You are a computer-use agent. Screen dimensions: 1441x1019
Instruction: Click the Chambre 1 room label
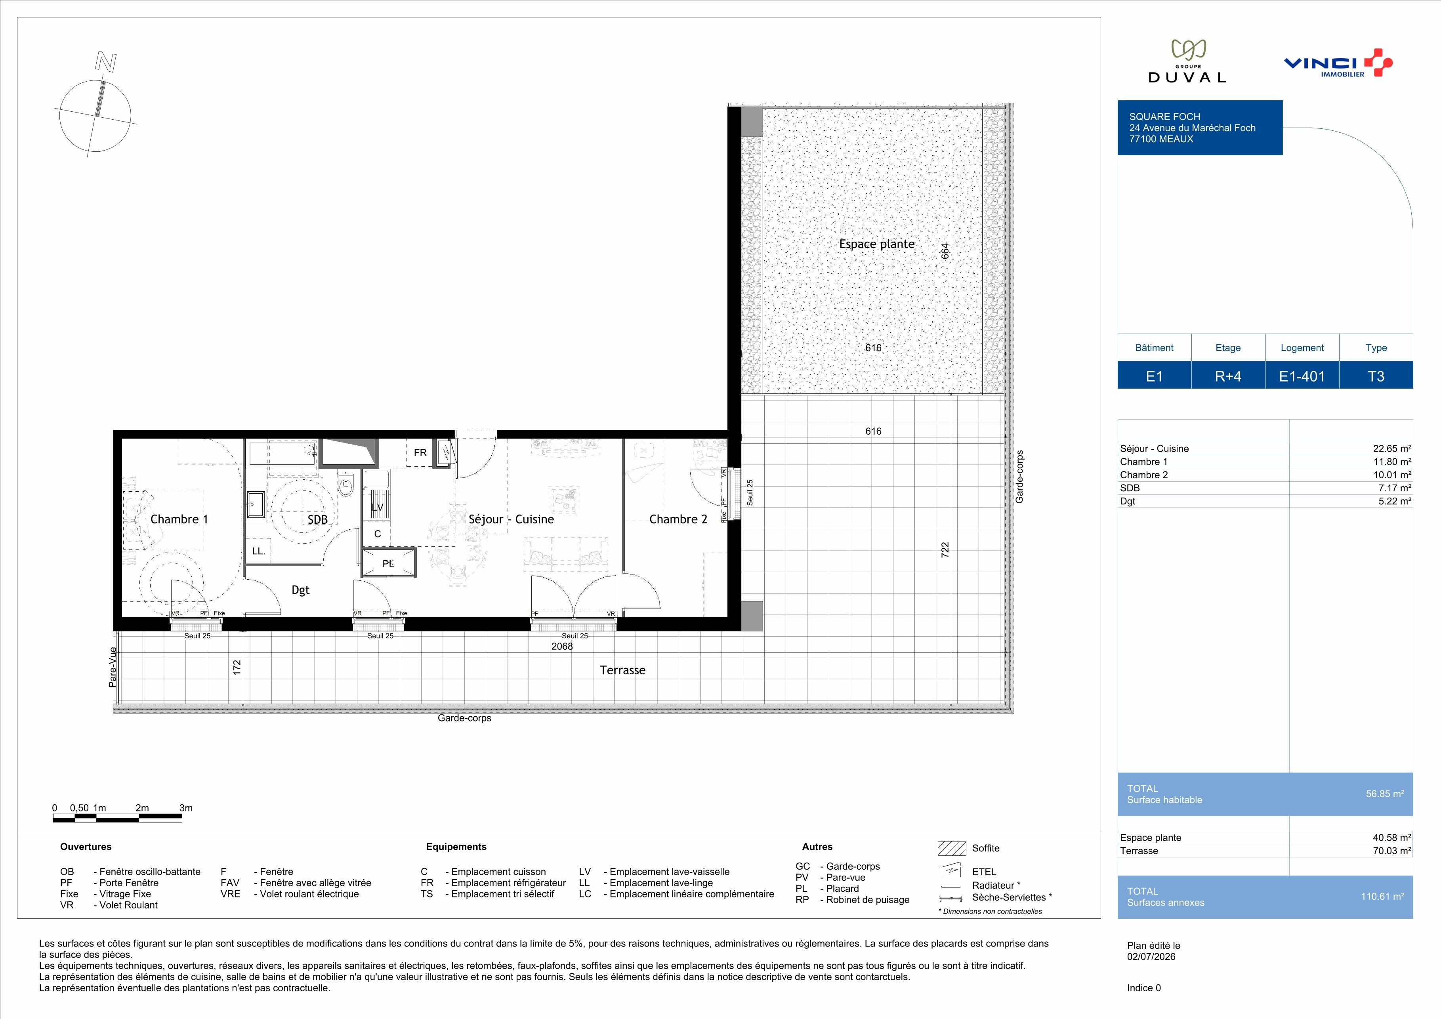click(x=179, y=519)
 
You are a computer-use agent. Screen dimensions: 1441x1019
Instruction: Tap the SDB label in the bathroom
click(x=318, y=519)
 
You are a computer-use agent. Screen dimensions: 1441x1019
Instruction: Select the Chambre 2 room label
click(x=678, y=519)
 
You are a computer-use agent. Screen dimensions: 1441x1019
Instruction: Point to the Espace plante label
click(x=877, y=244)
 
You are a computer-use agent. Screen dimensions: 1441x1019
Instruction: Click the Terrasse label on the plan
click(x=622, y=670)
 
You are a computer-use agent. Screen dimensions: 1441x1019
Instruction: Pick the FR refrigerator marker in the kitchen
click(x=420, y=452)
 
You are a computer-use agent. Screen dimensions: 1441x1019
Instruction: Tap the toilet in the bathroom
click(x=345, y=484)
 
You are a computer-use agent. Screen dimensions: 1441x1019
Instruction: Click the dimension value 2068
click(x=562, y=646)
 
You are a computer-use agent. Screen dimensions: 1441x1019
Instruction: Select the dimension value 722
click(x=945, y=550)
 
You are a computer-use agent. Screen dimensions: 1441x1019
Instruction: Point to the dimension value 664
click(x=945, y=251)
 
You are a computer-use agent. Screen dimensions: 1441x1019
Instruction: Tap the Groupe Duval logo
click(x=1187, y=61)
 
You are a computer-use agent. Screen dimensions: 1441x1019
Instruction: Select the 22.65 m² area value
click(x=1392, y=448)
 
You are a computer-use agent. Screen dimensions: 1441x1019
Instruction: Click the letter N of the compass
click(x=105, y=61)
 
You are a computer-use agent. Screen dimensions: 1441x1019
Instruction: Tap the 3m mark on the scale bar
click(x=186, y=808)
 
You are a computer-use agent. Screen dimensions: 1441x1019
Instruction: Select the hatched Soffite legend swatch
click(x=951, y=848)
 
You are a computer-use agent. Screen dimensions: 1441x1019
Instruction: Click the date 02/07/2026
click(x=1151, y=957)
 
